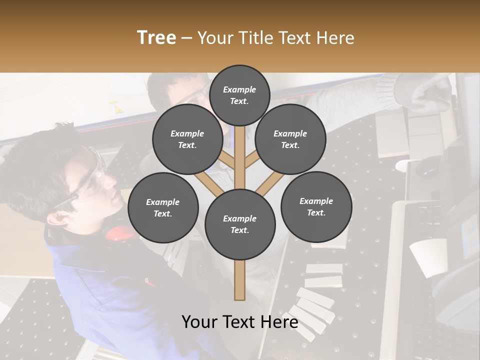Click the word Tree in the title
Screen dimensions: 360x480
[x=156, y=38]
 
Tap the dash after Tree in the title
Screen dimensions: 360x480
[x=186, y=38]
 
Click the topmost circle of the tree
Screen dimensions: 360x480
[x=239, y=95]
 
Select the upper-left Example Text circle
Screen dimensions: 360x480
[x=187, y=139]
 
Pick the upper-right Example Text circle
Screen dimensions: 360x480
[x=290, y=139]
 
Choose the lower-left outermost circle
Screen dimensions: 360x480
[x=163, y=207]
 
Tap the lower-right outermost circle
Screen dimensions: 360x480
[x=316, y=206]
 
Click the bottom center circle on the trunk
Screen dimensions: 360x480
[x=240, y=224]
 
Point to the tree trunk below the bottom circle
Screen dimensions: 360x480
[x=240, y=280]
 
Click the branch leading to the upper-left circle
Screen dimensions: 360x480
[x=226, y=161]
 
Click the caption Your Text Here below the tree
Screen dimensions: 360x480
[x=240, y=322]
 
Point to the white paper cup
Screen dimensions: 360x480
[x=429, y=256]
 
